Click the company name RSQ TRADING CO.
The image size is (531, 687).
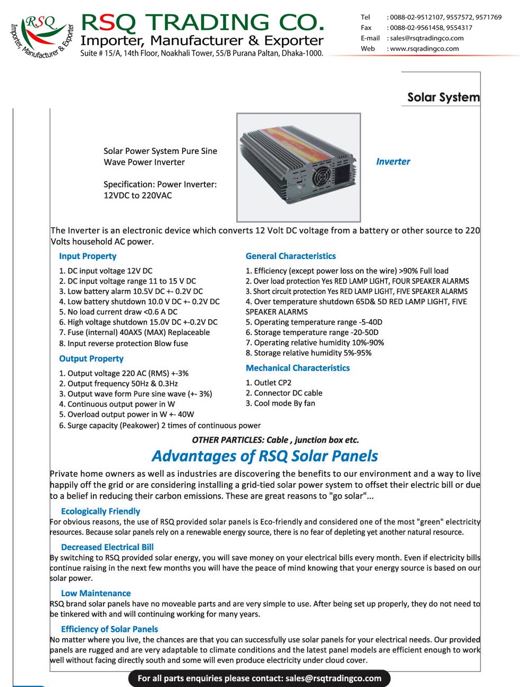point(202,22)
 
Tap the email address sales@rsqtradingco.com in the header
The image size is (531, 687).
point(426,38)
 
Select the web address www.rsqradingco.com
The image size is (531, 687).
point(424,48)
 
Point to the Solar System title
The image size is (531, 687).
point(443,97)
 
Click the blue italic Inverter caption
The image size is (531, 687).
point(393,161)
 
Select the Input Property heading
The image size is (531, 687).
point(88,256)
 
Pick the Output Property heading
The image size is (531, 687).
point(91,358)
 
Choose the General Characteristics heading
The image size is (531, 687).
point(290,256)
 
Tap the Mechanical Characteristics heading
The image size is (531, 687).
point(297,368)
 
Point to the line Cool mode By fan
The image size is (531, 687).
point(280,403)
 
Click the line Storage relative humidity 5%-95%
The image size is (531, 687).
point(309,353)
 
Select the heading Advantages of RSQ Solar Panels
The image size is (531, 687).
point(265,456)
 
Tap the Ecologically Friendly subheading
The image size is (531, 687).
point(100,511)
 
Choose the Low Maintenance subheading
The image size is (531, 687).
point(96,593)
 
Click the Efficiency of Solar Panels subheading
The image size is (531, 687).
point(109,629)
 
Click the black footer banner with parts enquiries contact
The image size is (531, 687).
point(259,678)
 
